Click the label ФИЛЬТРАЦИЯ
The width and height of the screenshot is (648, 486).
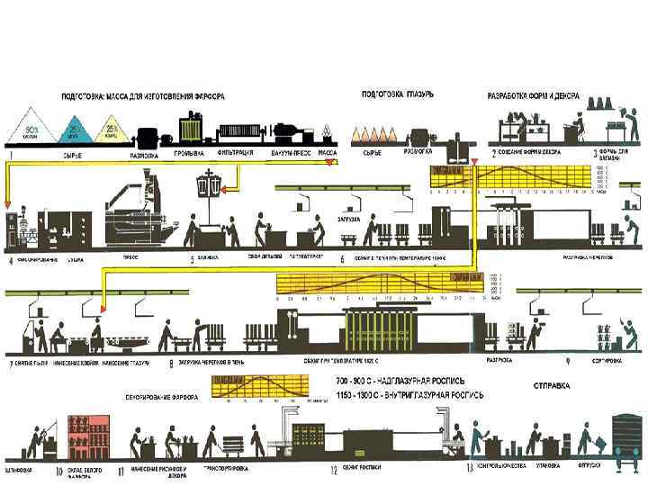coord(234,154)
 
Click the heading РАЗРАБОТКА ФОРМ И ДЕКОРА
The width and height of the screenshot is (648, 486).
coord(534,95)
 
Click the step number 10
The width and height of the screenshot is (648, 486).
coord(60,470)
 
